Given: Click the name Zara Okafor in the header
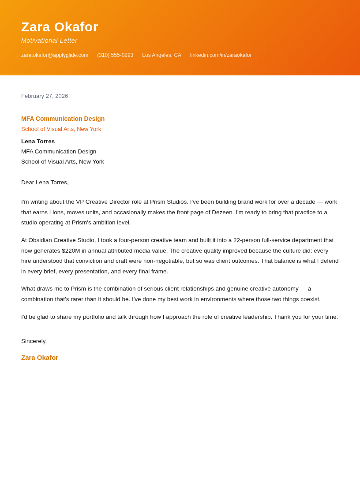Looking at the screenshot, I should tap(60, 27).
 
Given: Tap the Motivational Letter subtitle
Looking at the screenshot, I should tap(49, 41).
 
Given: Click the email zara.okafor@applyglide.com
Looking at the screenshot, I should tap(55, 55).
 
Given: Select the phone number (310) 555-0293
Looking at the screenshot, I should tap(115, 55).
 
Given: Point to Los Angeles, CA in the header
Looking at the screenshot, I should tap(161, 55).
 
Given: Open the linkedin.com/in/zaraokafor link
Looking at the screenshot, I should tap(221, 55).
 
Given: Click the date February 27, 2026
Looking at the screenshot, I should tap(45, 96).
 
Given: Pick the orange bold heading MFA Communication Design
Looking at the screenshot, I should tap(63, 119).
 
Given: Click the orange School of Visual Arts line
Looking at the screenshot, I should tap(61, 129).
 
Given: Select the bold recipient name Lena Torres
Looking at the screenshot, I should tap(38, 142).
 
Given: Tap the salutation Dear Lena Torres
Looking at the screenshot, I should tap(45, 183).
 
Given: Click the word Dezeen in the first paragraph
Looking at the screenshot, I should tap(222, 212).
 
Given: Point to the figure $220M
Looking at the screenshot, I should tap(71, 250).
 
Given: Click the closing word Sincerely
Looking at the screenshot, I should tap(34, 341).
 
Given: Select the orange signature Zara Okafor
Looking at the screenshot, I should tap(40, 358).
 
